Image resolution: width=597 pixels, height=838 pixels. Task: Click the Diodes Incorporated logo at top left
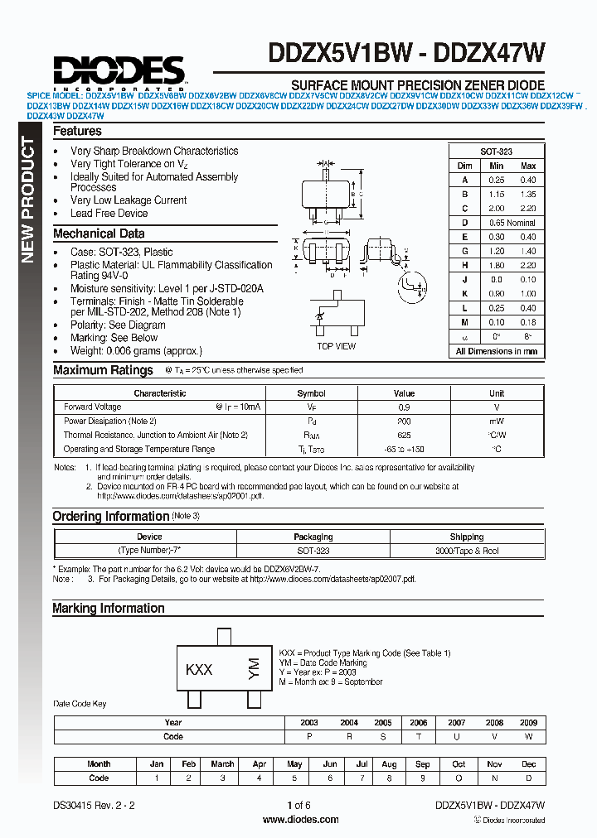click(119, 71)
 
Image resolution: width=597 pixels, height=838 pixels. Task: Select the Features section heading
click(77, 132)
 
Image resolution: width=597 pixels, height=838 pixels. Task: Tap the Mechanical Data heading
click(99, 234)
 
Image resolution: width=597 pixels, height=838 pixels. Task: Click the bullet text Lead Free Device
click(109, 213)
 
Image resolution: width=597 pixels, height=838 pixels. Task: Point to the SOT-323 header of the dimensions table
click(497, 152)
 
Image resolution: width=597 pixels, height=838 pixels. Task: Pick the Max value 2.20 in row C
click(527, 209)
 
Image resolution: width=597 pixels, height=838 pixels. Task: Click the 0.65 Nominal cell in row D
click(512, 223)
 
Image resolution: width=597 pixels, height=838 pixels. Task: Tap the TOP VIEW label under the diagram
click(337, 346)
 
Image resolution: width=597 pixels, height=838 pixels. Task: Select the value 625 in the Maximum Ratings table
click(404, 435)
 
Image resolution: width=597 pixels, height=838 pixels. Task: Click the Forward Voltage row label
click(92, 407)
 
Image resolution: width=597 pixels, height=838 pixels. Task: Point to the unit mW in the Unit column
click(496, 421)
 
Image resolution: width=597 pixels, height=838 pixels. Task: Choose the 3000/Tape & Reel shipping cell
click(467, 551)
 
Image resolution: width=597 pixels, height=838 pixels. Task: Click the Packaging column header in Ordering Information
click(313, 537)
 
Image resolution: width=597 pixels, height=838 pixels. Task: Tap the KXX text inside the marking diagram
click(199, 670)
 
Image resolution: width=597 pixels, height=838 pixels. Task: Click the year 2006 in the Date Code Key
click(419, 722)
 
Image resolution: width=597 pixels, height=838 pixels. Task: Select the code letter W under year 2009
click(527, 736)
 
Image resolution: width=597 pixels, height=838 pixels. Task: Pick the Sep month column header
click(422, 764)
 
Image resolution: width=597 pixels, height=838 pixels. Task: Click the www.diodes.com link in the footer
click(299, 820)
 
